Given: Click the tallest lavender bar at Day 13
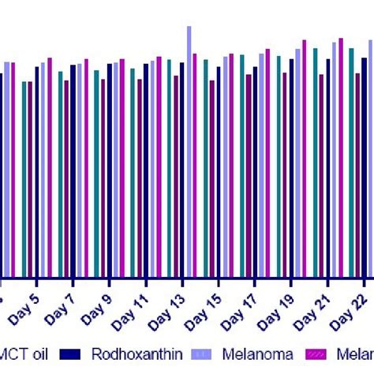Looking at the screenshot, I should (x=189, y=150).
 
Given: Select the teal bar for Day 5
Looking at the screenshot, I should (x=24, y=178).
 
